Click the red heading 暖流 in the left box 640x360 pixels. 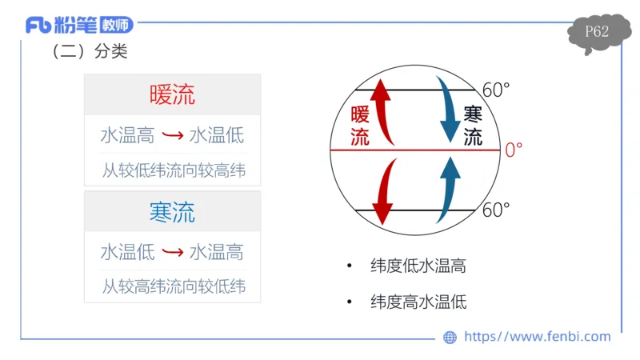(x=172, y=95)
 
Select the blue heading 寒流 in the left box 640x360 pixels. (x=172, y=212)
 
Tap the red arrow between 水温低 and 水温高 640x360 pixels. (x=172, y=253)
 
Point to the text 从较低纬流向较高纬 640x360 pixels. (x=173, y=170)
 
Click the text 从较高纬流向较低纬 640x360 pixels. (x=173, y=286)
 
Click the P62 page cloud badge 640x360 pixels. (x=597, y=33)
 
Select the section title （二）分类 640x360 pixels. (x=89, y=52)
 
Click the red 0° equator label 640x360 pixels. (x=513, y=150)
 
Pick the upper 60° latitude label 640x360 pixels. (x=496, y=90)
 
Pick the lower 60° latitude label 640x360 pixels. (x=496, y=210)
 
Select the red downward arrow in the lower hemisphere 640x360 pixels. (x=385, y=190)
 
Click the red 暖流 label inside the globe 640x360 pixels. (x=360, y=126)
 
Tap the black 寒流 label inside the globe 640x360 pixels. (x=473, y=126)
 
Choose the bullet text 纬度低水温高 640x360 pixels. (x=418, y=266)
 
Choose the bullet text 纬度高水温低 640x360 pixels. (x=418, y=302)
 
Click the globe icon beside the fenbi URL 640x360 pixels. (x=450, y=338)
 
